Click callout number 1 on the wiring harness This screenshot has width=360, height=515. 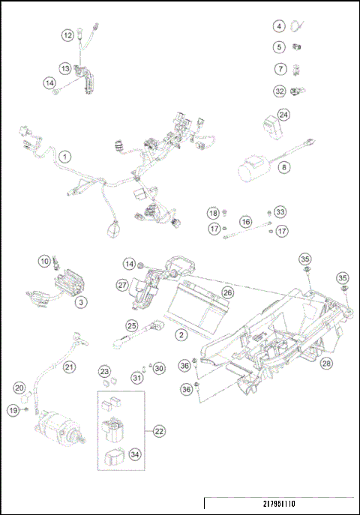tap(65, 157)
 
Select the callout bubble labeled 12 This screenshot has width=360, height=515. tap(68, 34)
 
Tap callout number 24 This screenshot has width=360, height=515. tap(283, 115)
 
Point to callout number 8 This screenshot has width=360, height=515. tap(284, 168)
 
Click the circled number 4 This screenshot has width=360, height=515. tap(278, 27)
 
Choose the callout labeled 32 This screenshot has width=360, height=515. tap(278, 92)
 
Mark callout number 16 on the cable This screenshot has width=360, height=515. tap(245, 222)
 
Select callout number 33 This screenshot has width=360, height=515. tap(280, 212)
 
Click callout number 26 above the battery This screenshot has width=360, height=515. tap(227, 293)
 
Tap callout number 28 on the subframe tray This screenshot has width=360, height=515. tap(326, 364)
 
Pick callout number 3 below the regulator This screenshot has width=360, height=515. tap(80, 301)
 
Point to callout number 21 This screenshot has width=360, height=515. tap(69, 367)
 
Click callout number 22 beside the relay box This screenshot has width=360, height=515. tap(158, 431)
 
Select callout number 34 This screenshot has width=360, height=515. tap(135, 453)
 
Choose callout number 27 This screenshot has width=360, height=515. tap(122, 284)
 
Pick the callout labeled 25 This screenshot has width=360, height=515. tap(131, 327)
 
